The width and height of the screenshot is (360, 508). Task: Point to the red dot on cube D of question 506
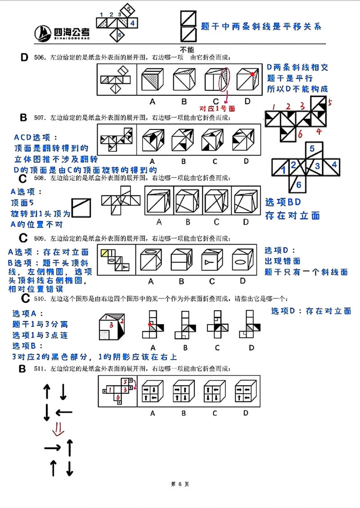(253, 74)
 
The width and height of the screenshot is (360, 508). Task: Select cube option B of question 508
(187, 201)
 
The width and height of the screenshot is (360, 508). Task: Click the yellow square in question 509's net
(105, 253)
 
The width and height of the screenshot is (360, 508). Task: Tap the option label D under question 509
(243, 281)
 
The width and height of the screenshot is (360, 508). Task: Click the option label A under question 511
(153, 413)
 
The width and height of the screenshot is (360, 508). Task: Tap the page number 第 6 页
(180, 484)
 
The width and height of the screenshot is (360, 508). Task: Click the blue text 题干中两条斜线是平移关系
(261, 27)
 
